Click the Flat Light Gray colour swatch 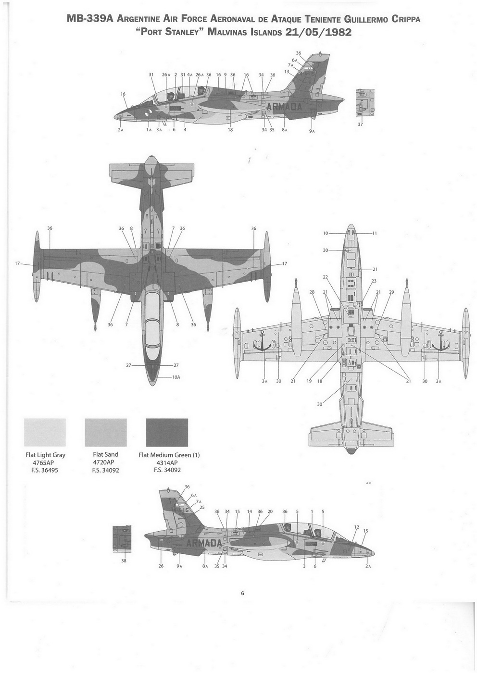pos(45,432)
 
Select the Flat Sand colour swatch pos(105,432)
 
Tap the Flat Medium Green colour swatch pos(167,432)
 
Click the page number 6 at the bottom pos(243,593)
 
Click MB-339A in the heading pos(90,19)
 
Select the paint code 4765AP pos(45,463)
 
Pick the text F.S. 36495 pos(45,470)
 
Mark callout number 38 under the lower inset pos(124,561)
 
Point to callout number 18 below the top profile pos(230,129)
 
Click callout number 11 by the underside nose pos(375,233)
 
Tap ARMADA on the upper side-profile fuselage pos(284,107)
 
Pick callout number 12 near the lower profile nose pos(356,527)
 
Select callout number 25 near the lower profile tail pos(202,507)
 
